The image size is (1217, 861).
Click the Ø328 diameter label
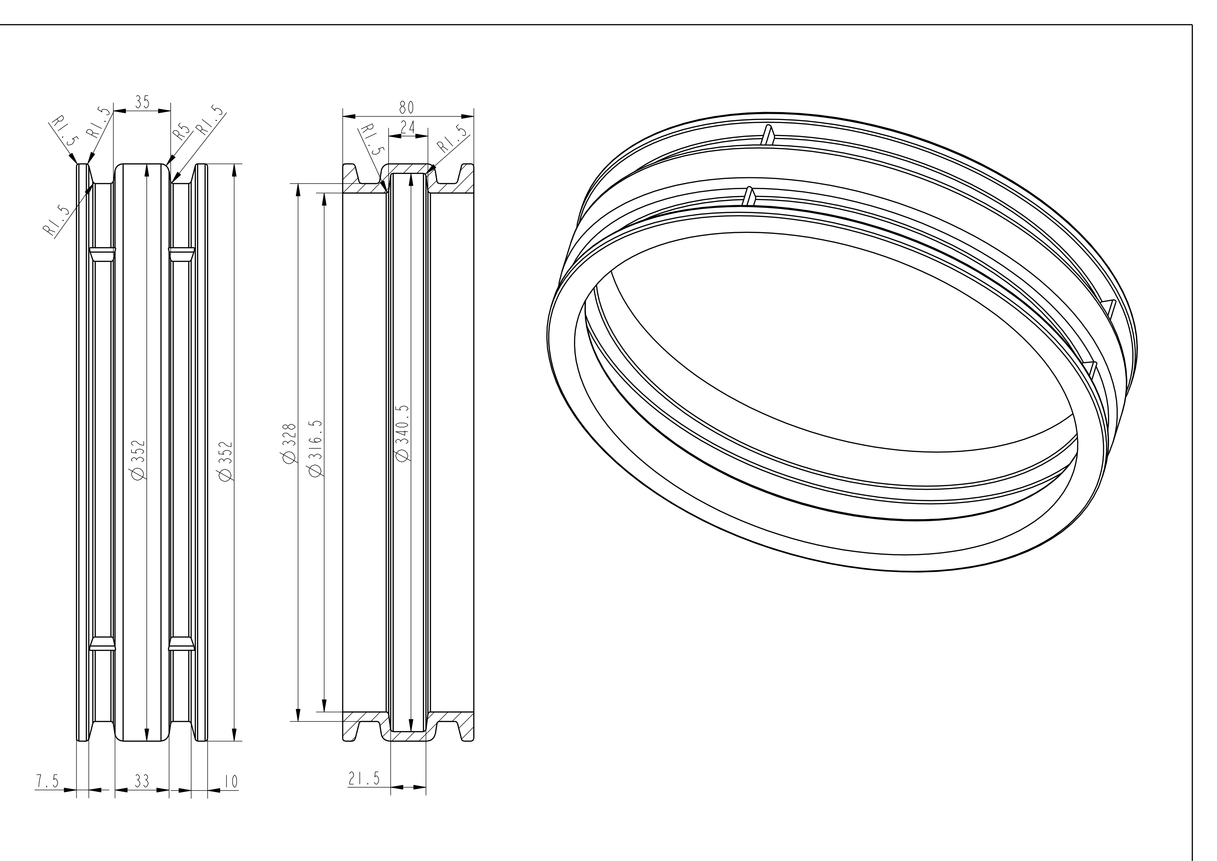click(289, 443)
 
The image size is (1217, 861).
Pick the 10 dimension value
click(231, 782)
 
